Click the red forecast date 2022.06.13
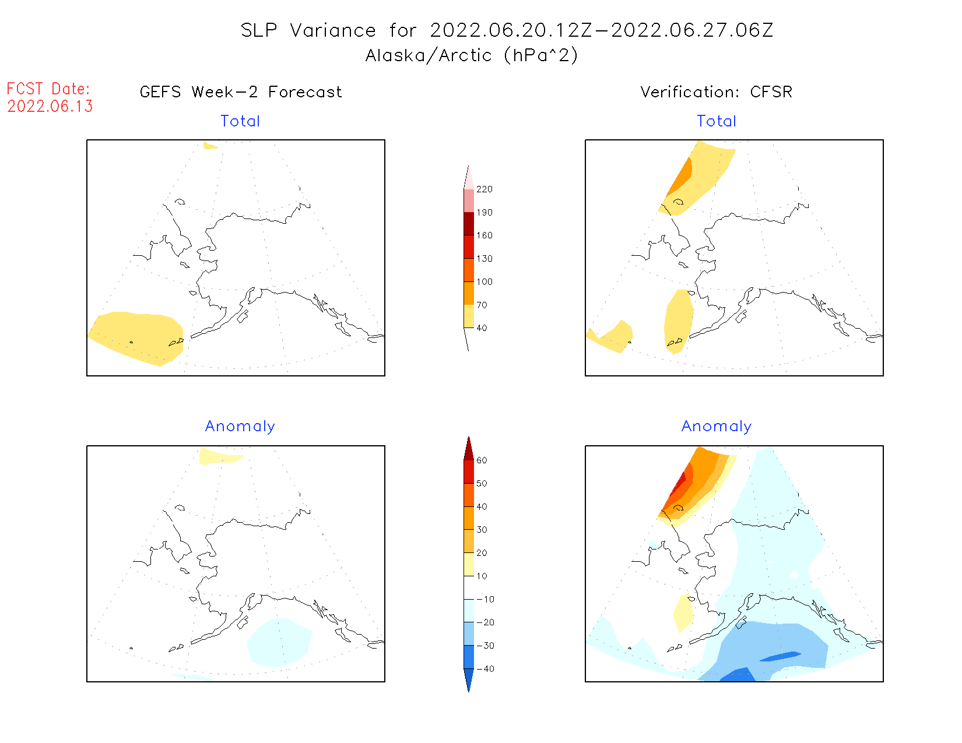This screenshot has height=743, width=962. click(x=50, y=106)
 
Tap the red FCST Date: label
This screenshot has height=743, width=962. click(x=48, y=89)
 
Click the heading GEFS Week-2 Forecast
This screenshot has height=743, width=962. click(x=241, y=92)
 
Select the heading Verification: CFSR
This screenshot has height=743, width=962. click(x=716, y=92)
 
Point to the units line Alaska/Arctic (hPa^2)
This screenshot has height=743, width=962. click(x=472, y=55)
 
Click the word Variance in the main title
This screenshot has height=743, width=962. click(x=333, y=30)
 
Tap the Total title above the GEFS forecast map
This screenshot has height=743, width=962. click(x=240, y=121)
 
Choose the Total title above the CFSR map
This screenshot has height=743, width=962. click(x=717, y=121)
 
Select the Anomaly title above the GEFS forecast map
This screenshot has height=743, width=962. click(x=240, y=427)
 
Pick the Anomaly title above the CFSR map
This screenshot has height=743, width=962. click(x=717, y=427)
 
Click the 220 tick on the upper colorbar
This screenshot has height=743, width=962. click(x=484, y=189)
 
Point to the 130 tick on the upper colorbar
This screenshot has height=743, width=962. click(x=484, y=259)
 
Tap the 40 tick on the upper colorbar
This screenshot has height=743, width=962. click(x=482, y=328)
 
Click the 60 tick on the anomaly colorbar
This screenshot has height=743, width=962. click(x=482, y=460)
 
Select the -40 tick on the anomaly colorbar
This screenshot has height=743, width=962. click(x=485, y=669)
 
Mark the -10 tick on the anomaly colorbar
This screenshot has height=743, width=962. click(x=485, y=599)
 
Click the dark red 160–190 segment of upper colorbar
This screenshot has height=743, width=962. click(x=469, y=224)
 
